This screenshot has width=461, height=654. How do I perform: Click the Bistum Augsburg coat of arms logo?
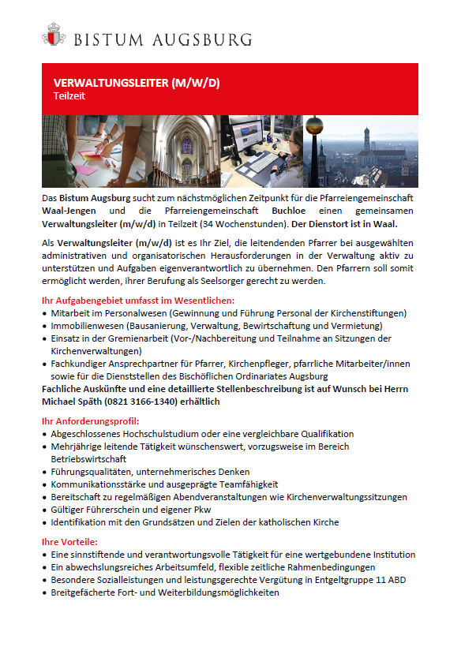[53, 36]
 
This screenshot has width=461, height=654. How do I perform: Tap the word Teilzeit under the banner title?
[69, 95]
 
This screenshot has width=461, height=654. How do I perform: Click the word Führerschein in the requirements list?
[105, 510]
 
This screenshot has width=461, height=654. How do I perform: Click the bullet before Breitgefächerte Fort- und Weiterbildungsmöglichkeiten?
[44, 592]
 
